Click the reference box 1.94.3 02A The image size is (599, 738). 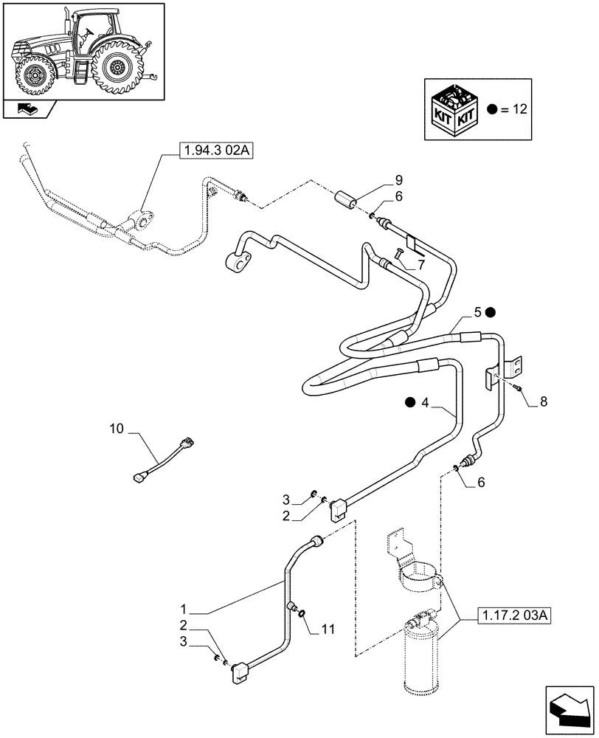click(216, 152)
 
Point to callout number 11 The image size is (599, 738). click(328, 629)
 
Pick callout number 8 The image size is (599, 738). click(544, 402)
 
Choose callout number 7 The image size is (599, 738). click(420, 263)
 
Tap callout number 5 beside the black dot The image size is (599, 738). click(477, 313)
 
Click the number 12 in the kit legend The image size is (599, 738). click(519, 109)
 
